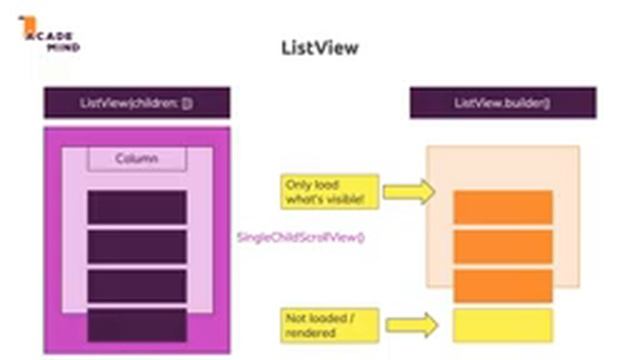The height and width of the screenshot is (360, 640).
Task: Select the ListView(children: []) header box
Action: click(x=136, y=103)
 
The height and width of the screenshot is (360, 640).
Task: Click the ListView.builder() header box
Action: click(x=502, y=103)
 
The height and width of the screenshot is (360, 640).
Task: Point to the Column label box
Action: click(x=136, y=159)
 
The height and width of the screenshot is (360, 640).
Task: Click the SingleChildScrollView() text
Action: click(x=300, y=237)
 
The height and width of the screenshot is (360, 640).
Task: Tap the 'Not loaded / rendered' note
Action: click(x=315, y=324)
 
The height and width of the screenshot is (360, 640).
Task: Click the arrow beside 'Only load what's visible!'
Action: click(x=409, y=191)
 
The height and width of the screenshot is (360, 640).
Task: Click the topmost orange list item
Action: click(x=503, y=207)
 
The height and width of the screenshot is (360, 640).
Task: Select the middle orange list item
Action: click(x=503, y=246)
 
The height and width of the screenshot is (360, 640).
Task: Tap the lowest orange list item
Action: click(x=503, y=285)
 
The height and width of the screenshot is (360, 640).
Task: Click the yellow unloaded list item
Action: click(x=503, y=324)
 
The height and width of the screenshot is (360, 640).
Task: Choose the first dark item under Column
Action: click(x=136, y=207)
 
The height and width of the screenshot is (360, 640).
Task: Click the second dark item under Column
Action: click(x=136, y=246)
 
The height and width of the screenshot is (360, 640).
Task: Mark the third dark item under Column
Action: click(x=136, y=285)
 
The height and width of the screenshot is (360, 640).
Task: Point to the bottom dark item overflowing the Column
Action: click(x=136, y=325)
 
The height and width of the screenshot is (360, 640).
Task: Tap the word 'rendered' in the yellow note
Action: click(x=308, y=332)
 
